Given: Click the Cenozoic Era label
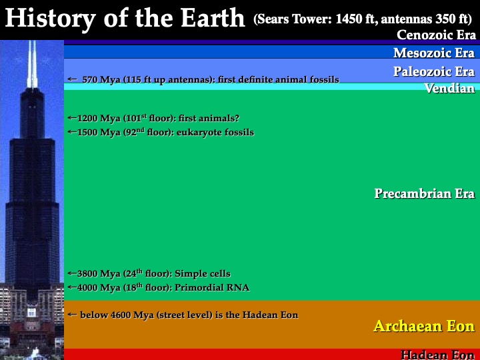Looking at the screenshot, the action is tap(436, 35).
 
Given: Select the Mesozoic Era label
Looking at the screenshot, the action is tap(434, 53).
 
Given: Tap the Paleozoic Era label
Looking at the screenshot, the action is tap(434, 71).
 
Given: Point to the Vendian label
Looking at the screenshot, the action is tap(450, 88).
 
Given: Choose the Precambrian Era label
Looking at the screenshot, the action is tap(425, 193).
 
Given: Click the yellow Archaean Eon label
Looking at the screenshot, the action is tap(424, 326).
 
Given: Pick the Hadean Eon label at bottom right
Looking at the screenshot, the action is tap(438, 355).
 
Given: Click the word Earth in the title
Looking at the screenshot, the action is tap(213, 17).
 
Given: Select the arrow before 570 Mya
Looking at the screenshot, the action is tap(72, 79).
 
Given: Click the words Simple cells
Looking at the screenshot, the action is tap(203, 273).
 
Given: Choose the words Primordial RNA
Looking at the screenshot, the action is tap(212, 287).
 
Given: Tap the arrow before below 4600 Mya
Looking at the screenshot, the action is tap(72, 315).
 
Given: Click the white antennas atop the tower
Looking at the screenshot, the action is tap(32, 64).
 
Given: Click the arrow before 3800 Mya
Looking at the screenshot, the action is tap(73, 273).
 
